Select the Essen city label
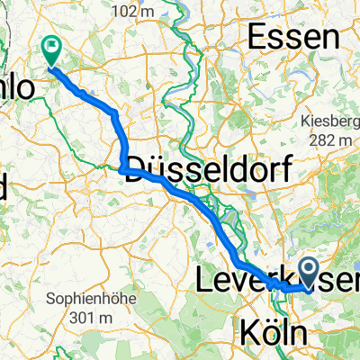[296, 38]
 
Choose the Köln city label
[279, 333]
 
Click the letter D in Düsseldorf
[139, 166]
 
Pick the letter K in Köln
[251, 334]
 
